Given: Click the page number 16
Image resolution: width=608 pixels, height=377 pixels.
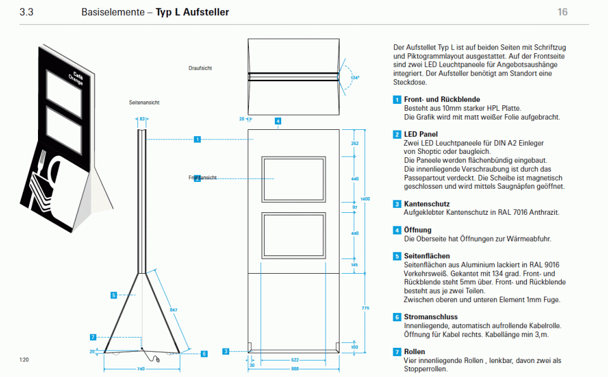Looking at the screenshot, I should [x=562, y=12].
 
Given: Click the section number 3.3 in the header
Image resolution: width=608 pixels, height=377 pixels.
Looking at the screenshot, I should [x=27, y=12].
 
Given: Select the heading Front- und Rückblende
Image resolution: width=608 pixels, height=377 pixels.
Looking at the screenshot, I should [x=441, y=99].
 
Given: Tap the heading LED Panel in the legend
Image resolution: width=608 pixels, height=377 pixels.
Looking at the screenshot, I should [x=421, y=134].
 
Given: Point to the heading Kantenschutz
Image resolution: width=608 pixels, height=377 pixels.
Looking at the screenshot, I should [x=427, y=204].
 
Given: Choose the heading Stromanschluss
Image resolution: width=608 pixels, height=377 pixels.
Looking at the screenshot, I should [x=431, y=317].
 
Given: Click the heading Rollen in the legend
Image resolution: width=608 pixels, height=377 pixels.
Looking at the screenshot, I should [x=414, y=352].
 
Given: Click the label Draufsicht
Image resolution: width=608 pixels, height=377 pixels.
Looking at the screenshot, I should [x=200, y=68].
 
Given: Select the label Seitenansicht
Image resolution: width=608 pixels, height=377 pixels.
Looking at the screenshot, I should [x=144, y=102].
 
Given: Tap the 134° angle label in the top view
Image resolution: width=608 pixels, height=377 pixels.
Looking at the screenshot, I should [x=355, y=78].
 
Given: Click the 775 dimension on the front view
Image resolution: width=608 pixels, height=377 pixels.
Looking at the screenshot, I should [x=365, y=308].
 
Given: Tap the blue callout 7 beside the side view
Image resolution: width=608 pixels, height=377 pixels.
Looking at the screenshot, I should [x=93, y=337].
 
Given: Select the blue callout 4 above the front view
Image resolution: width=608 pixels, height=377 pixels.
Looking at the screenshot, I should [x=277, y=120].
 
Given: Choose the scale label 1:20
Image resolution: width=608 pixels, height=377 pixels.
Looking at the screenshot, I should [x=24, y=360].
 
